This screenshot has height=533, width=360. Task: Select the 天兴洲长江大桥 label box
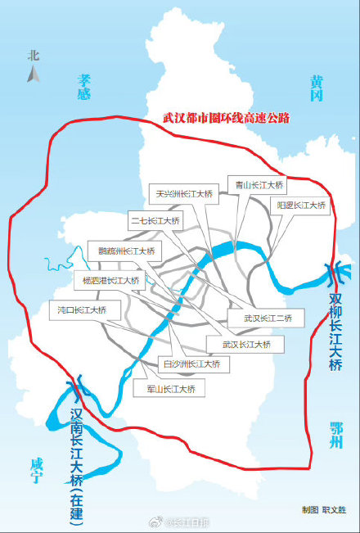(x=184, y=194)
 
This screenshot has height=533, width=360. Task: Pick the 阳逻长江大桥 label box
(x=301, y=205)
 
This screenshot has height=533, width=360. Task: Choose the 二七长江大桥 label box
(x=155, y=221)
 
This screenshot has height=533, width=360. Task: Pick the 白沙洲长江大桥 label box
(x=189, y=364)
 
